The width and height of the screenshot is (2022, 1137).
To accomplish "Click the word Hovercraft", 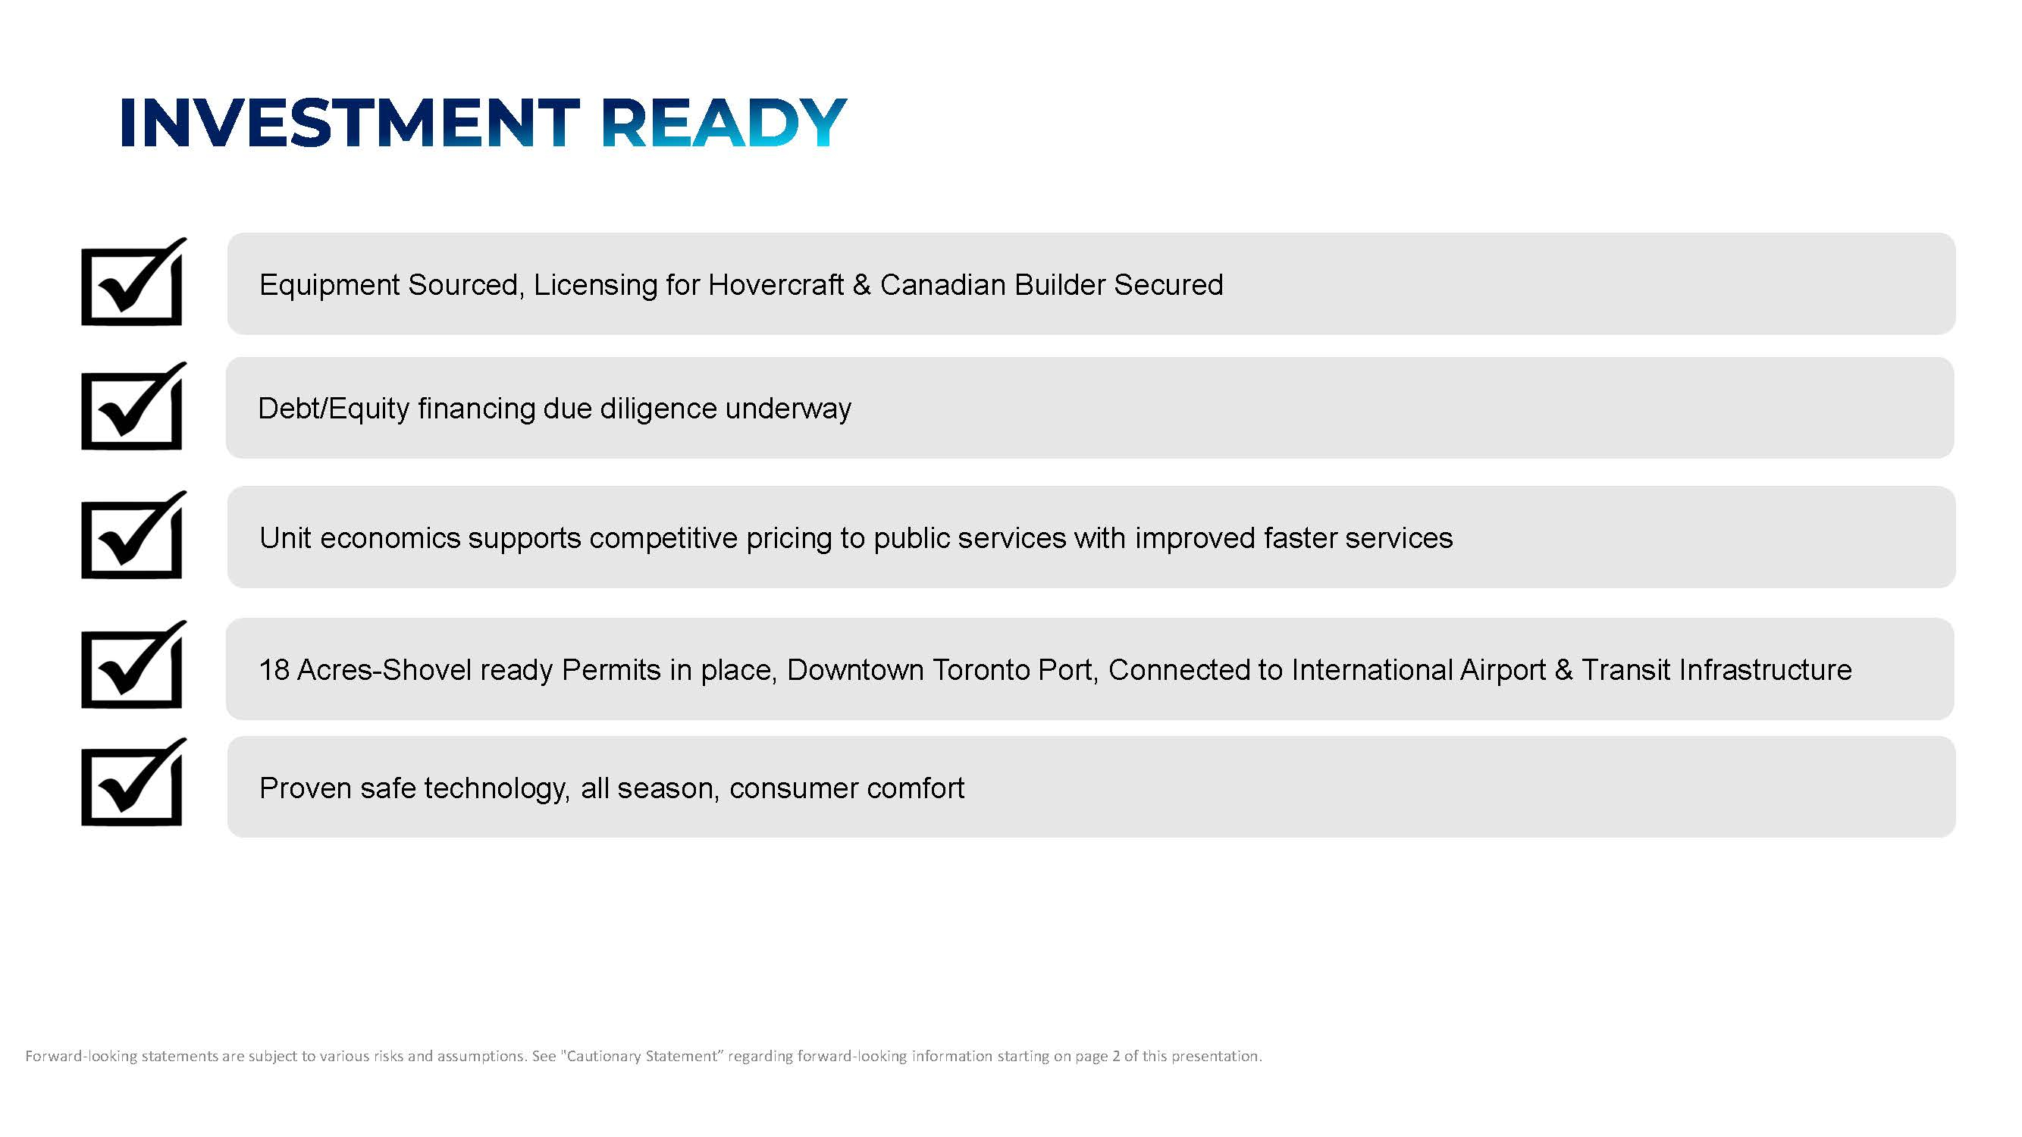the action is [x=776, y=284].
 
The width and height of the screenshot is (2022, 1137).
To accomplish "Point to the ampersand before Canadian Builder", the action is [x=862, y=285].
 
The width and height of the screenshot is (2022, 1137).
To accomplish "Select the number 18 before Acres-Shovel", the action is [x=274, y=670].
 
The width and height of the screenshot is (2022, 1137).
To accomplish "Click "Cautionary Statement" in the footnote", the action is [x=642, y=1056].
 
